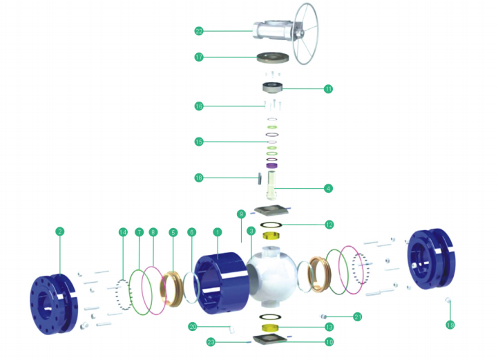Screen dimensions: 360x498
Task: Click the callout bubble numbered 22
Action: click(x=199, y=31)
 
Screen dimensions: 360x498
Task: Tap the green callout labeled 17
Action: click(x=199, y=57)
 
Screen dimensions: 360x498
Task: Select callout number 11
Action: click(x=329, y=88)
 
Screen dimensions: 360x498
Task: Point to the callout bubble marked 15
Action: click(x=199, y=142)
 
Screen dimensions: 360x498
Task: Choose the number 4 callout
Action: click(x=329, y=187)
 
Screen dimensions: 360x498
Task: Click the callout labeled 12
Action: click(x=329, y=225)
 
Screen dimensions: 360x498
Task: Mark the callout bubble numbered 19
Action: click(x=450, y=325)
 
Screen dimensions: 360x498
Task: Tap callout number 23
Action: click(x=211, y=341)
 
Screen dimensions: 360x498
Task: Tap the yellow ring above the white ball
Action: click(x=271, y=236)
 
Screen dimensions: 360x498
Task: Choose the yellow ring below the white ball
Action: click(x=271, y=326)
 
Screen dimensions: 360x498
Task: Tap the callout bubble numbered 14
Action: click(x=123, y=232)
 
